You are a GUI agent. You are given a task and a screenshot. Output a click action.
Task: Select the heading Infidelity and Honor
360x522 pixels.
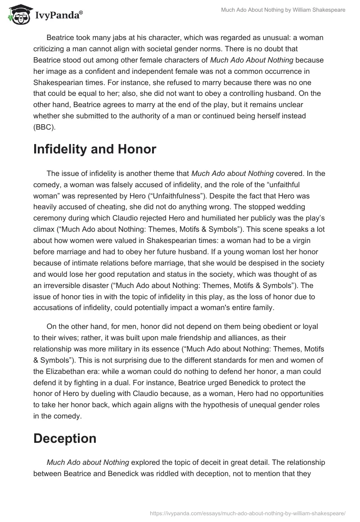tap(94, 150)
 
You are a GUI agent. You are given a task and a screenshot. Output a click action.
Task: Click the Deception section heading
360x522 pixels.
tap(65, 438)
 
